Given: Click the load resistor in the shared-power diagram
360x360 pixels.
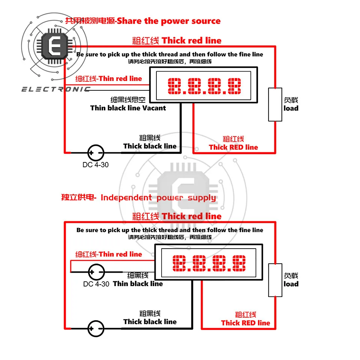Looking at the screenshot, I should tap(275, 105).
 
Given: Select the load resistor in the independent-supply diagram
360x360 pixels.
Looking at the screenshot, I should tap(275, 280).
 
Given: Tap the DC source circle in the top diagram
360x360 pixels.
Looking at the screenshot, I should tap(95, 153).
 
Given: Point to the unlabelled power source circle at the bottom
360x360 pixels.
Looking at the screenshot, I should tap(95, 328).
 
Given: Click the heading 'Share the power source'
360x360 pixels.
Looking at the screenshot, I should tap(169, 21).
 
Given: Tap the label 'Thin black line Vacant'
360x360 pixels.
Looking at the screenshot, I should tap(128, 108).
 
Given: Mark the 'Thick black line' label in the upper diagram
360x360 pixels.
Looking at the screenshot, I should tap(150, 146).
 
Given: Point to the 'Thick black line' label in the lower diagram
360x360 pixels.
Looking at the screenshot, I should tap(150, 322).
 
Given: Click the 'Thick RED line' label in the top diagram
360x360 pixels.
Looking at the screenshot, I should tap(233, 147).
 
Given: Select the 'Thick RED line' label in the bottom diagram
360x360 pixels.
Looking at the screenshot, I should tap(245, 323).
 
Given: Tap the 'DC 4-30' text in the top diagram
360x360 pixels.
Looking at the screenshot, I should tap(95, 165).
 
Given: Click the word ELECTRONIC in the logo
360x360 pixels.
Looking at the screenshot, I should tap(55, 89).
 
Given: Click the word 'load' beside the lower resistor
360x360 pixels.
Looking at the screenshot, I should tap(291, 284).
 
